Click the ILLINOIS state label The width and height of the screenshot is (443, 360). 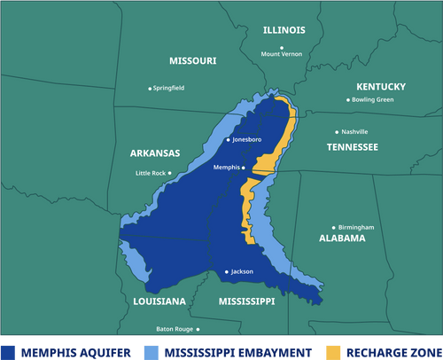pyautogui.click(x=284, y=30)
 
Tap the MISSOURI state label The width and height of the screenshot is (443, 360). pyautogui.click(x=192, y=61)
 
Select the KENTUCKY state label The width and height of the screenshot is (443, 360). pyautogui.click(x=380, y=87)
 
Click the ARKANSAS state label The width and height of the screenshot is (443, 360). pyautogui.click(x=155, y=153)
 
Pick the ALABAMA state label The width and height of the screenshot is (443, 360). pyautogui.click(x=342, y=239)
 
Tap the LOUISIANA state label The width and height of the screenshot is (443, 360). pyautogui.click(x=159, y=301)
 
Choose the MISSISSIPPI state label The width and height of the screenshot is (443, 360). pyautogui.click(x=246, y=301)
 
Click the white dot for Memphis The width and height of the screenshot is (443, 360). pyautogui.click(x=245, y=167)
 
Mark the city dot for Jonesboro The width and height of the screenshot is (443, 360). pyautogui.click(x=229, y=140)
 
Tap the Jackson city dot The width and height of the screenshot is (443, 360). pyautogui.click(x=227, y=271)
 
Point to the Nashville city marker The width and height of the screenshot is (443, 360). pyautogui.click(x=334, y=131)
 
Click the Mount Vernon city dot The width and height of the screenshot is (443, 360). pyautogui.click(x=282, y=47)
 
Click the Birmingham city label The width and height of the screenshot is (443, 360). pyautogui.click(x=356, y=228)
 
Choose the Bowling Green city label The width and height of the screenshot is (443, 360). pyautogui.click(x=372, y=99)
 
